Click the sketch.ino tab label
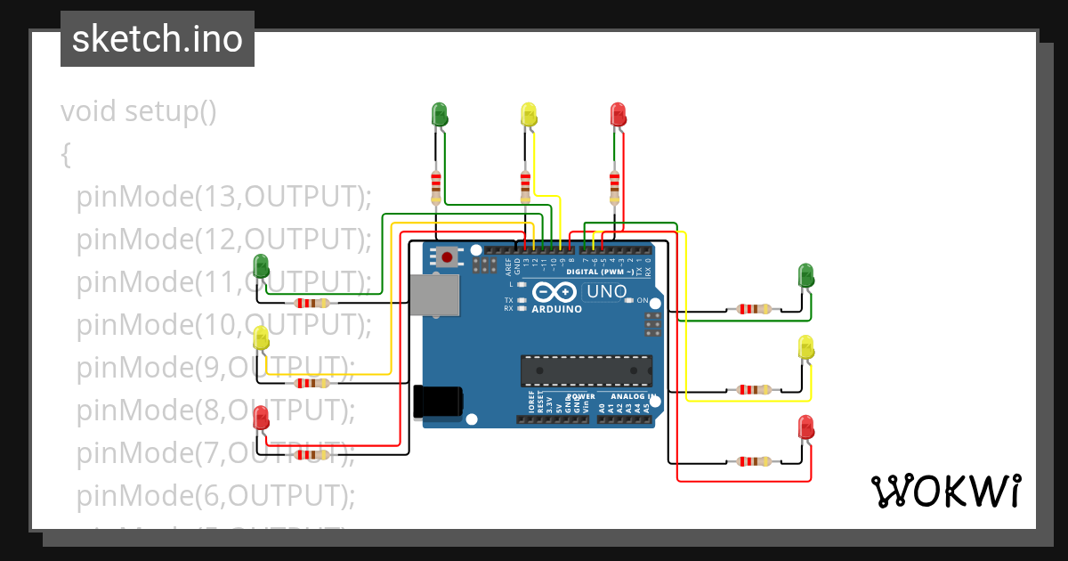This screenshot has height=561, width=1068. pos(157,39)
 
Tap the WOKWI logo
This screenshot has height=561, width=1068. pos(945,491)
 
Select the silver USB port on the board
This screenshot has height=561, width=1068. pos(435,295)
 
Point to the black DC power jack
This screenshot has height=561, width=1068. pos(438,401)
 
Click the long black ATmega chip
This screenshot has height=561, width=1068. pos(586,370)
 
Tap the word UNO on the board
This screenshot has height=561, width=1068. pos(607,291)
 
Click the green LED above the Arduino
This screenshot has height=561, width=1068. pos(439,114)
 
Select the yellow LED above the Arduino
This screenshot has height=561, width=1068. pos(529,114)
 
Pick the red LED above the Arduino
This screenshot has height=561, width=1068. pos(618,114)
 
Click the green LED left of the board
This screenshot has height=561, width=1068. pos(261,265)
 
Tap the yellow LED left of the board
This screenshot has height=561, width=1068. pos(261,337)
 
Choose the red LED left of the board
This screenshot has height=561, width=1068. pos(261,417)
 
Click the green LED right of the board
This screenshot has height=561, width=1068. pos(806,275)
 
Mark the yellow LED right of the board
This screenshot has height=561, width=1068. pos(806,347)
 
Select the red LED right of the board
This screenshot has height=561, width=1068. pos(806,427)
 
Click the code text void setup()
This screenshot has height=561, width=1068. pos(139,112)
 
